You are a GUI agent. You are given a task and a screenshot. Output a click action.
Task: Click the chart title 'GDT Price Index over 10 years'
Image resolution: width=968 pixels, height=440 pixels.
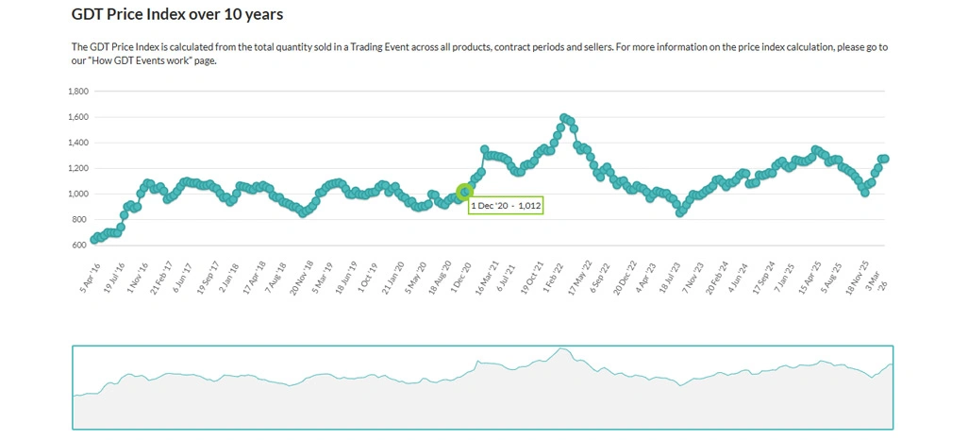[177, 15]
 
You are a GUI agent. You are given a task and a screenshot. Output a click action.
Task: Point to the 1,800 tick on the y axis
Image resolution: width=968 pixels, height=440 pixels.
[78, 92]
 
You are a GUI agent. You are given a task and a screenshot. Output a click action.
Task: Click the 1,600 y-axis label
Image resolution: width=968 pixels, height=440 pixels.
[78, 117]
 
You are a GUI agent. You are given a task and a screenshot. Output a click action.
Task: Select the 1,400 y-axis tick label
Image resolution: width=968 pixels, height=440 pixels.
[78, 143]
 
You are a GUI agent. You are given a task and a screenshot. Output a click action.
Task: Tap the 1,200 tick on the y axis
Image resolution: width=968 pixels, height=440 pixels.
[78, 168]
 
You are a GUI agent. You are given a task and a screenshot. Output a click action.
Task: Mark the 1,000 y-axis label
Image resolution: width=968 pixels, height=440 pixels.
[78, 194]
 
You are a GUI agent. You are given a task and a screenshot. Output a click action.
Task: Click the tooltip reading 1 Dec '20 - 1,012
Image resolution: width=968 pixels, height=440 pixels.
[506, 205]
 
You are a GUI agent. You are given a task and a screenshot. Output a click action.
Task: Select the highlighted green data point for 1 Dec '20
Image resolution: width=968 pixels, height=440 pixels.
[464, 192]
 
